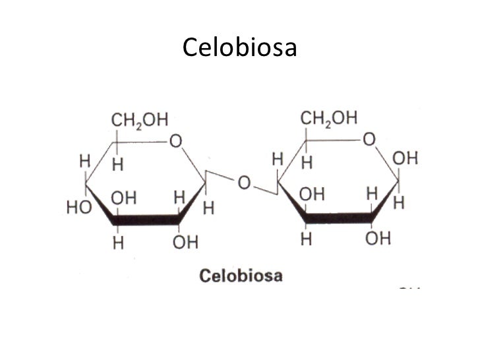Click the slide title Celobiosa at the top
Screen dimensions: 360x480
click(239, 47)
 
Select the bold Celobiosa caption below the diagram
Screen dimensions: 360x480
click(241, 276)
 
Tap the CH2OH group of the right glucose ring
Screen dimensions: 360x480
click(329, 118)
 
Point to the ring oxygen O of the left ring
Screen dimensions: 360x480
click(175, 141)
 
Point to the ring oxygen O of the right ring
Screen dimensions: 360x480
click(368, 140)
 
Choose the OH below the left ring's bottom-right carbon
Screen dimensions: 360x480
click(185, 242)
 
